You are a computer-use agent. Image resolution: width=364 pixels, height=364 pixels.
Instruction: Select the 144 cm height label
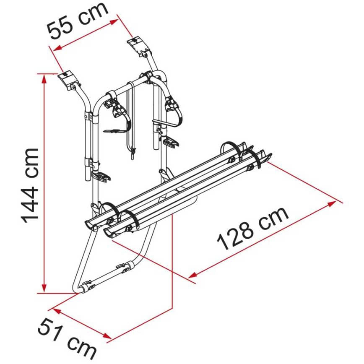pos(30,185)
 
